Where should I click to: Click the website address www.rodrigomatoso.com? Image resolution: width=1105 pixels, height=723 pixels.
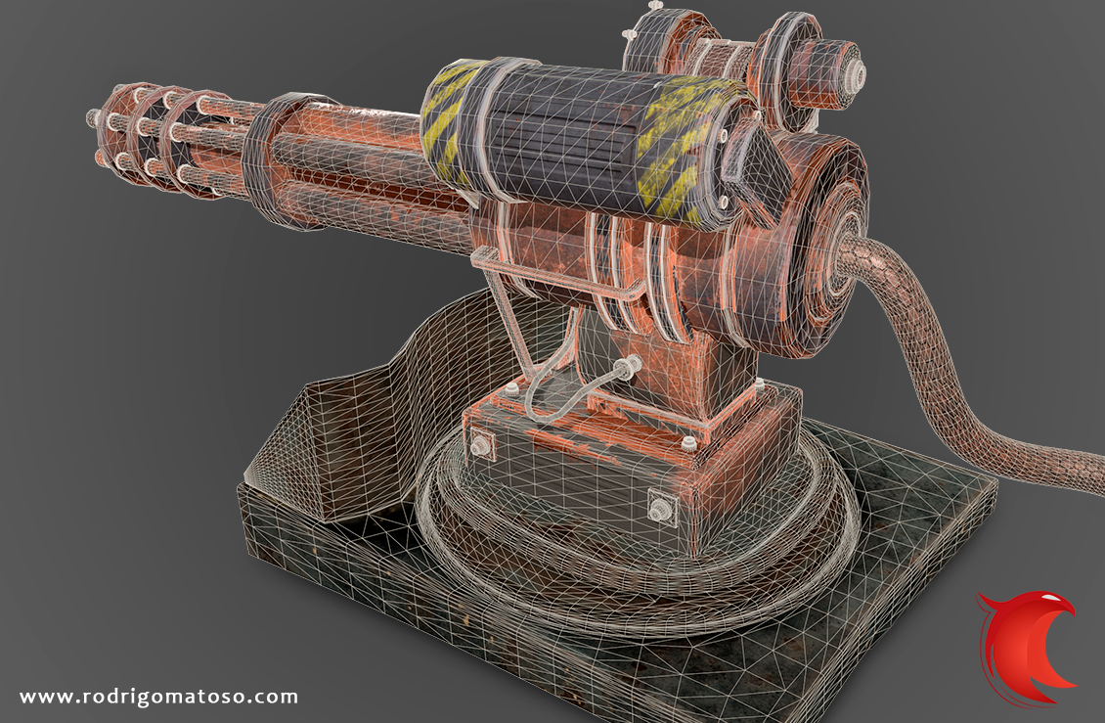coord(158,697)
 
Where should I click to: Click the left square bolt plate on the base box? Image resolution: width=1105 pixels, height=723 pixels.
coord(481,443)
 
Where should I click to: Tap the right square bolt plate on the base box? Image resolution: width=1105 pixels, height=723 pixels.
coord(661,507)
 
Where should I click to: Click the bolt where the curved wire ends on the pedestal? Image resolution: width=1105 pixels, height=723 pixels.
coord(627,366)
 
